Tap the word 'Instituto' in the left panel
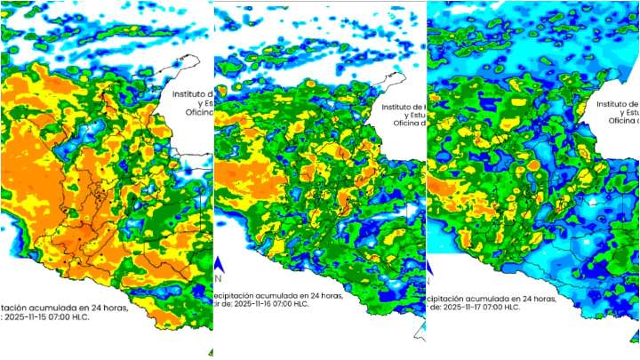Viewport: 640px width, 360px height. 191,92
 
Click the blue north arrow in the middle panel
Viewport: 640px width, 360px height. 217,264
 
